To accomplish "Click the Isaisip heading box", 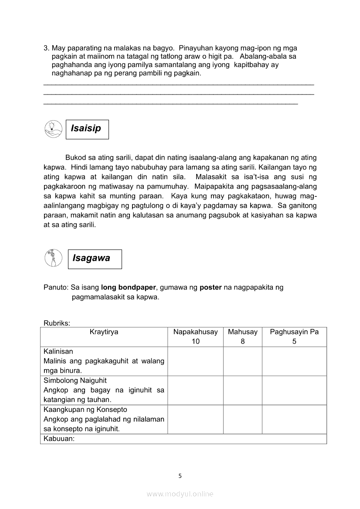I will pyautogui.click(x=87, y=129).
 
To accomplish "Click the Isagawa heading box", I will pyautogui.click(x=95, y=259).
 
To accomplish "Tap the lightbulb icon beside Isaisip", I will pyautogui.click(x=52, y=129).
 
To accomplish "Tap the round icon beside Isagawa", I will pyautogui.click(x=53, y=258).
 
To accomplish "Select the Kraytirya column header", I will pyautogui.click(x=104, y=332).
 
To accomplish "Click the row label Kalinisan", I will pyautogui.click(x=58, y=351).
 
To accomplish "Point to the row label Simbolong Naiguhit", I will pyautogui.click(x=75, y=381).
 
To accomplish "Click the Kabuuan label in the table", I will pyautogui.click(x=59, y=439).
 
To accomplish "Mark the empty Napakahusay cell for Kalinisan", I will pyautogui.click(x=195, y=361).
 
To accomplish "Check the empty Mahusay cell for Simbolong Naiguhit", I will pyautogui.click(x=243, y=390).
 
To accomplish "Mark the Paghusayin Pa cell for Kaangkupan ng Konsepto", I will pyautogui.click(x=294, y=419).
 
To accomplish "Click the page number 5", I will pyautogui.click(x=180, y=476).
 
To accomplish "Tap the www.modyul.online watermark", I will pyautogui.click(x=180, y=494).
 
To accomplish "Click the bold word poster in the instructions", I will pyautogui.click(x=211, y=288).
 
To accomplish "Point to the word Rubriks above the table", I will pyautogui.click(x=57, y=323).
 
